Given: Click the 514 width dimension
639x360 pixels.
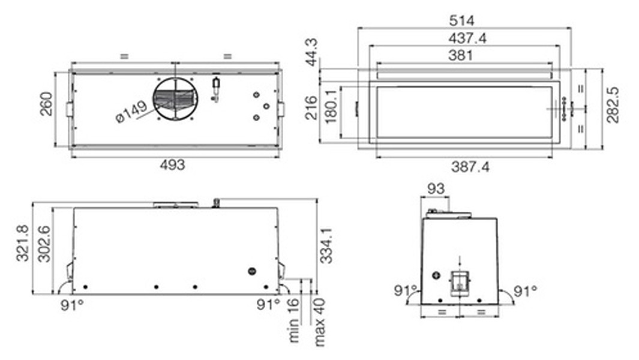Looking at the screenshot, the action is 462,20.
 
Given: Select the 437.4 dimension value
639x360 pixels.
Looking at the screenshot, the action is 467,38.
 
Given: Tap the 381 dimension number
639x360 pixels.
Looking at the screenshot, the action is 461,55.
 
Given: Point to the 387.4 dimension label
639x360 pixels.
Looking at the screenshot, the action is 470,167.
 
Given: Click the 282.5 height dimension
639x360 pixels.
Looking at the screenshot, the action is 613,105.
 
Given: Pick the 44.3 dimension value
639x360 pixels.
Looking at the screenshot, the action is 313,52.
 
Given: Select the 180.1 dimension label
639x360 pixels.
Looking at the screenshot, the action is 331,107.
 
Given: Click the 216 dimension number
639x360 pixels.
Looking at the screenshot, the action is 311,107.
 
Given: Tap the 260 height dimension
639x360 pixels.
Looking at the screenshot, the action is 46,104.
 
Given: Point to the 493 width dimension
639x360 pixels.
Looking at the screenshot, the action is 172,165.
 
